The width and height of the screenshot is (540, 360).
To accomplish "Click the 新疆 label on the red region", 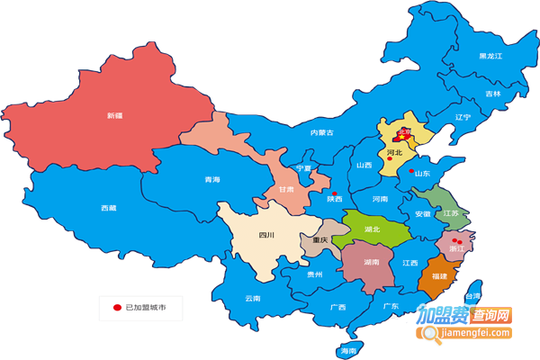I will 113,115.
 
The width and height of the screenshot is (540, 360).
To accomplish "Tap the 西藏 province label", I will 108,208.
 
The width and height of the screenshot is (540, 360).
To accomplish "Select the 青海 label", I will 211,180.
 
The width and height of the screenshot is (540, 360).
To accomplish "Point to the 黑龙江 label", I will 490,56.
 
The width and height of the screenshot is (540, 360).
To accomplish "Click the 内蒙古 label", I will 321,132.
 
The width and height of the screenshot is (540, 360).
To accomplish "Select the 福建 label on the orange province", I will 438,275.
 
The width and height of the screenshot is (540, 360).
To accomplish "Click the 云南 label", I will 252,298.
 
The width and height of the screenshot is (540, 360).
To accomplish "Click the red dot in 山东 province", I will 411,171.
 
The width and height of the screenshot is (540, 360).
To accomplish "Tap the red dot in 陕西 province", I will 333,194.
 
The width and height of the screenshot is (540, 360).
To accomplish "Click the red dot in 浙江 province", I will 460,240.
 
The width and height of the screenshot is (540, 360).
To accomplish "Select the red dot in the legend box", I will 116,309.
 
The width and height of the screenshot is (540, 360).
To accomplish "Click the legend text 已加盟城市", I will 146,309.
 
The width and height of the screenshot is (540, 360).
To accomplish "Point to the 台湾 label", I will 472,296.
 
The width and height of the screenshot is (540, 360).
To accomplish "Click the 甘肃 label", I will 285,190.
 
